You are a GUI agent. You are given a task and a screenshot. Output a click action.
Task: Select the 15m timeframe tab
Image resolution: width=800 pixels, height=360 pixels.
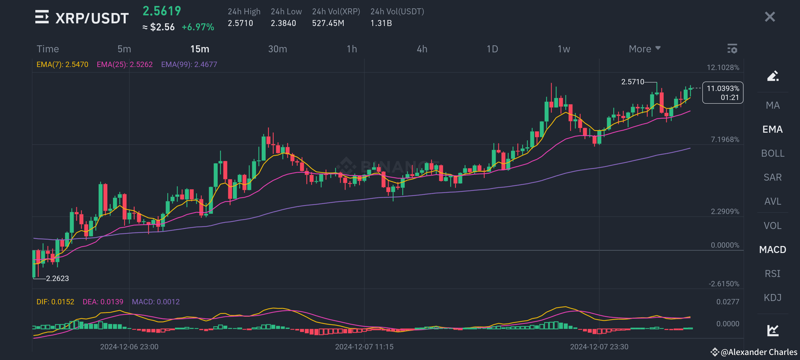[x=200, y=49]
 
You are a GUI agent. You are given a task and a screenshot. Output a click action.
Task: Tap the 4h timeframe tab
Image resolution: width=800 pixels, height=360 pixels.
[x=422, y=49]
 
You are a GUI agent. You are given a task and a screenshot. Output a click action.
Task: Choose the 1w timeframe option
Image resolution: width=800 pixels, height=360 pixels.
[x=564, y=49]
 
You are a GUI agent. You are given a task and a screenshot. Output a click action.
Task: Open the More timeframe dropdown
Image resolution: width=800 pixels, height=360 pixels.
[x=644, y=49]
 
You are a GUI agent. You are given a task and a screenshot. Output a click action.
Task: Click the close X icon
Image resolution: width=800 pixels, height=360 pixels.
[x=770, y=17]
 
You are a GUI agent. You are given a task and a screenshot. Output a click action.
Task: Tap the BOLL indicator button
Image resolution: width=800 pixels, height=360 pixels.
[x=773, y=153]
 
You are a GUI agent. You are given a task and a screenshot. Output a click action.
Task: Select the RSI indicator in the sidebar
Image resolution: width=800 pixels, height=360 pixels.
[x=773, y=274]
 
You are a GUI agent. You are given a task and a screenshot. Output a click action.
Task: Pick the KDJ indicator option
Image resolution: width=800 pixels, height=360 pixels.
[x=773, y=298]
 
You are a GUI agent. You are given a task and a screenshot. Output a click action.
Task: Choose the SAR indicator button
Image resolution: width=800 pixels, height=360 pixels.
[x=773, y=177]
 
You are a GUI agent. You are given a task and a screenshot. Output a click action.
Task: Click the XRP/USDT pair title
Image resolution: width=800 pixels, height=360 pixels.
[x=92, y=18]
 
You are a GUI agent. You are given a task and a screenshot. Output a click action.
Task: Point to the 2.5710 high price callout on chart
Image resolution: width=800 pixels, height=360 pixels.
[x=633, y=82]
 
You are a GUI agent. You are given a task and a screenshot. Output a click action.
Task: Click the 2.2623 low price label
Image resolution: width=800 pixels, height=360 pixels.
[x=57, y=278]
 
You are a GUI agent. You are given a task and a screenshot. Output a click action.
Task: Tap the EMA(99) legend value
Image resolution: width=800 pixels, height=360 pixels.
[x=189, y=64]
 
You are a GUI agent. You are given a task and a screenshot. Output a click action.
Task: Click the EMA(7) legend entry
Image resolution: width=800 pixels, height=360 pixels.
[x=62, y=64]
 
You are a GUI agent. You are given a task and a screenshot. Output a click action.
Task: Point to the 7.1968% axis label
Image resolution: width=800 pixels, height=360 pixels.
[x=725, y=139]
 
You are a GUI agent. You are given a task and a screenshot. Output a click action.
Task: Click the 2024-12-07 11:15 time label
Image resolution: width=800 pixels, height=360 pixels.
[x=364, y=347]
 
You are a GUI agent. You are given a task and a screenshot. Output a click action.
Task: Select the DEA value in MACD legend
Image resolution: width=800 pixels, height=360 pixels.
[x=103, y=302]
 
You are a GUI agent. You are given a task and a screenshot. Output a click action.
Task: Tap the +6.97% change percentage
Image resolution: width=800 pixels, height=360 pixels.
[x=198, y=27]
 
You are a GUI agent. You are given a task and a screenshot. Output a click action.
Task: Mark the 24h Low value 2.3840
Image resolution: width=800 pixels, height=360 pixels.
[x=283, y=23]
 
